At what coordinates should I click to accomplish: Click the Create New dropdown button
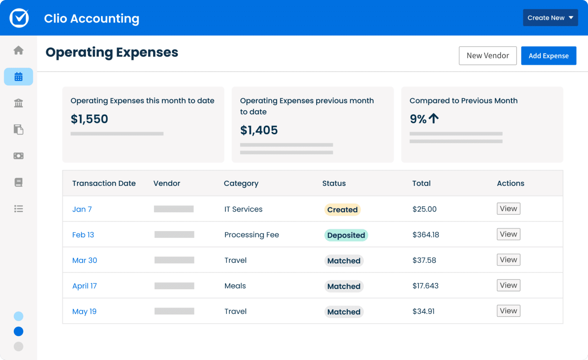550,18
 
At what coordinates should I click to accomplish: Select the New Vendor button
487,56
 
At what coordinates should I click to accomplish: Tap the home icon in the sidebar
18,50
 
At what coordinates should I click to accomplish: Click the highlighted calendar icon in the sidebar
18,77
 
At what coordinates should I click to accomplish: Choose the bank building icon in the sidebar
18,103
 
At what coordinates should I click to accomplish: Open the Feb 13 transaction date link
83,235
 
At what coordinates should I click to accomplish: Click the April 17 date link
85,286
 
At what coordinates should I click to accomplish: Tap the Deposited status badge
346,235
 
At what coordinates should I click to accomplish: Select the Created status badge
342,210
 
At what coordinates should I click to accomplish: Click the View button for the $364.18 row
508,234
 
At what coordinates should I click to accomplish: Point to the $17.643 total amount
425,286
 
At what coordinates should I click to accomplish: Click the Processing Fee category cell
252,235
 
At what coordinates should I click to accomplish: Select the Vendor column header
167,183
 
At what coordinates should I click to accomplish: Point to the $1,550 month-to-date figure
90,119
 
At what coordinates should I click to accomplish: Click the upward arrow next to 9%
434,119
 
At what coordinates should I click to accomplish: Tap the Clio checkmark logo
19,18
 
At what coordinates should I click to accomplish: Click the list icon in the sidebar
18,209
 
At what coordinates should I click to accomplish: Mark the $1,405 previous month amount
259,130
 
